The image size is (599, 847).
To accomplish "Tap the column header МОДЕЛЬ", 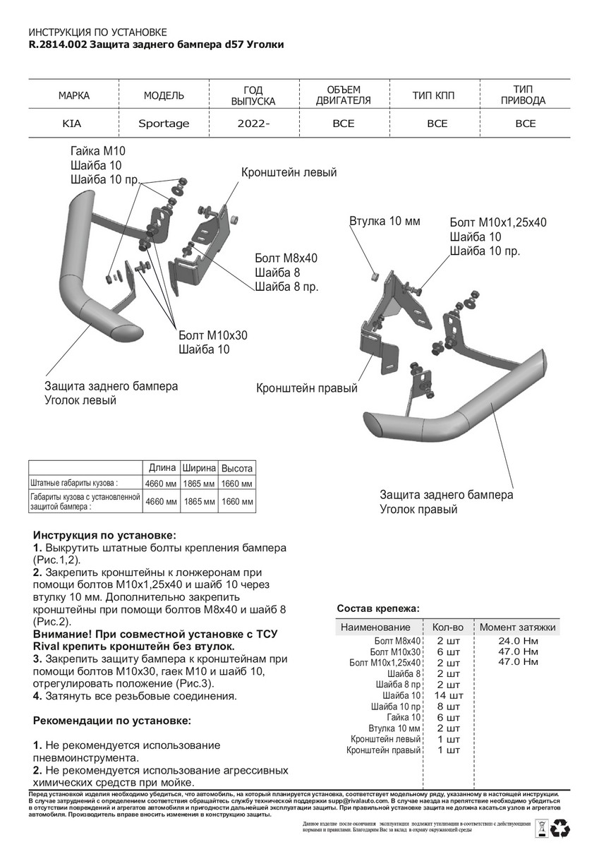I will (164, 95).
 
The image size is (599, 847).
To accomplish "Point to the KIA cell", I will (72, 124).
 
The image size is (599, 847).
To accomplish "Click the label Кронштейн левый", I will (289, 172).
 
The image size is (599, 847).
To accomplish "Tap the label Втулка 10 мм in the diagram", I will (385, 222).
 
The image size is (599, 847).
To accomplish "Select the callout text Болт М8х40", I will (286, 258).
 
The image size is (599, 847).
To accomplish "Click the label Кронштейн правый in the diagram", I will (306, 389).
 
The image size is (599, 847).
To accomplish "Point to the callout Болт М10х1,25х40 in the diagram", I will (497, 222).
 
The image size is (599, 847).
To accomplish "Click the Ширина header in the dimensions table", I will (199, 469).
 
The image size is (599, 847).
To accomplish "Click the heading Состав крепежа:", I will (377, 608).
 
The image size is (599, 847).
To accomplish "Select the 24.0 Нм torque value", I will (518, 641).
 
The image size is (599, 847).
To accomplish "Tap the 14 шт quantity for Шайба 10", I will (446, 695).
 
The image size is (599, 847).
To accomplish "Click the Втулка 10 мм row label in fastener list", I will (394, 728).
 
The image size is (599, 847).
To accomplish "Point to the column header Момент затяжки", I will (518, 627).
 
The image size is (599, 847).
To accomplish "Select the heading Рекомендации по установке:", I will (111, 721).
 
